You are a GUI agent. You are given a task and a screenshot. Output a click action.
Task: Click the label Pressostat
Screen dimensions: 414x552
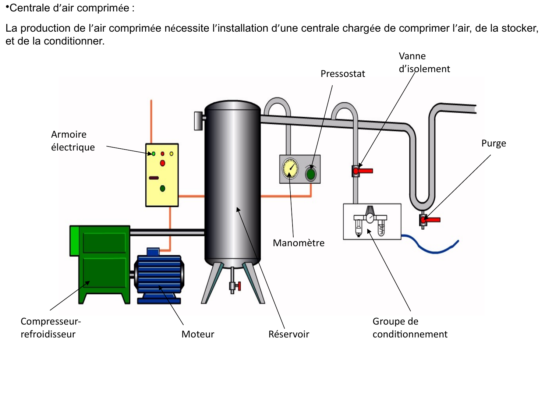point(343,74)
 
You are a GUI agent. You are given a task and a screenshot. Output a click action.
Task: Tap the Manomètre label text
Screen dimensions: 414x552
point(298,243)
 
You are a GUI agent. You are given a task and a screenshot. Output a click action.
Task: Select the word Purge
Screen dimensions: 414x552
point(493,143)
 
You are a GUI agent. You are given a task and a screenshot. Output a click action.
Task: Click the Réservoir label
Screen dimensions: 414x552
point(289,334)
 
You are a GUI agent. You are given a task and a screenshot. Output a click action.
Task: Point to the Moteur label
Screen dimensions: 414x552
point(198,334)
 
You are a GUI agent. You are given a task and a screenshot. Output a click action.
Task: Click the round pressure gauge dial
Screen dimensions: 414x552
point(290,168)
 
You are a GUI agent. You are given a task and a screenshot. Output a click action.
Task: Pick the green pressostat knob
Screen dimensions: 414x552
point(311,174)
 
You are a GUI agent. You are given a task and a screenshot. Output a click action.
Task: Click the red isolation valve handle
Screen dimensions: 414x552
point(364,171)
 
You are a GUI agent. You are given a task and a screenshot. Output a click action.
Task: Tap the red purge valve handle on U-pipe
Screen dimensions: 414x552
point(432,220)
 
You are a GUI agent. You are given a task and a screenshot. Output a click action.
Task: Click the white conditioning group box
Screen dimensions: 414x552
point(372,222)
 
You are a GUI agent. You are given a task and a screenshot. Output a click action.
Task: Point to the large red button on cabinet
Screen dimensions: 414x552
point(162,163)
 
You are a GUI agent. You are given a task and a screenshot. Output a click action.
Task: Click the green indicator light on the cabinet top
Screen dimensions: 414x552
point(153,154)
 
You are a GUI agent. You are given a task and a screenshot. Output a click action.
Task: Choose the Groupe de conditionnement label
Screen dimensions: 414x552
point(410,328)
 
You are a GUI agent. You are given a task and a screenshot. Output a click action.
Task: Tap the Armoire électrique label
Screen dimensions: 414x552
point(72,141)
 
